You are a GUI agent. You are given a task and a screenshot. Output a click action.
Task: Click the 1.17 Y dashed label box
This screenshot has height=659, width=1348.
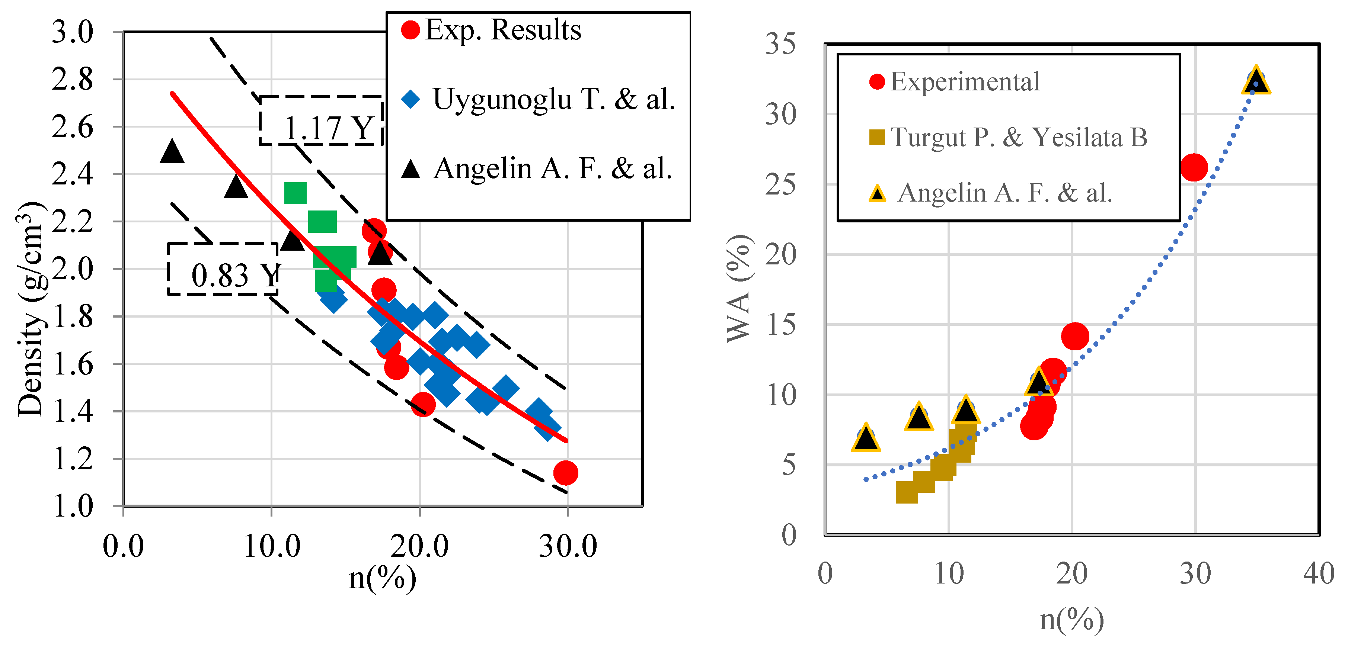[321, 121]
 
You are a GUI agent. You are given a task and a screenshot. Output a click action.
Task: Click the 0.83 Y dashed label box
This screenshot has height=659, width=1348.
[223, 269]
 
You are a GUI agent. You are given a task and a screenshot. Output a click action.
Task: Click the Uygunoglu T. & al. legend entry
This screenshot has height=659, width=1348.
[539, 99]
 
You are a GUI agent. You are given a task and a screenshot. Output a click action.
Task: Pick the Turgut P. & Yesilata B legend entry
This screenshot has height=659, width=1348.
[1008, 138]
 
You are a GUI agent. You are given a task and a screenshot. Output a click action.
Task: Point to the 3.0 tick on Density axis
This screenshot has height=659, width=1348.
[72, 32]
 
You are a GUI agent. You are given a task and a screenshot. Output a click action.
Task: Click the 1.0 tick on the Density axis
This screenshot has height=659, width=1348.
[72, 506]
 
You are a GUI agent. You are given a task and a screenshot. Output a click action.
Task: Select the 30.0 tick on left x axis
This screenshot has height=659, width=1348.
[568, 547]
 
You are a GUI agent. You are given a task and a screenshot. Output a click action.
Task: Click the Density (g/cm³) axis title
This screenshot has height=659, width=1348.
[31, 309]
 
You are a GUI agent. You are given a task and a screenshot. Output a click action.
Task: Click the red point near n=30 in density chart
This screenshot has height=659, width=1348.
[566, 473]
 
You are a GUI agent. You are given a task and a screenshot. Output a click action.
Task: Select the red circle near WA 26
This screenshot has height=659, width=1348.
[1194, 168]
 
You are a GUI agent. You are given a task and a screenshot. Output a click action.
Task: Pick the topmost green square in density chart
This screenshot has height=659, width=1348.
[295, 193]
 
